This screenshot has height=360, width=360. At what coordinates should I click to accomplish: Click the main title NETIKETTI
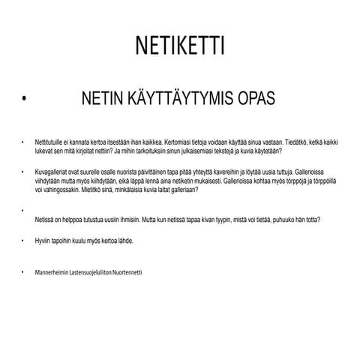click(180, 46)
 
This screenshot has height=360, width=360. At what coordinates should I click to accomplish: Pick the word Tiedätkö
click(287, 141)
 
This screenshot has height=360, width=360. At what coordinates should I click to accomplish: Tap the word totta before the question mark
click(311, 220)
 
